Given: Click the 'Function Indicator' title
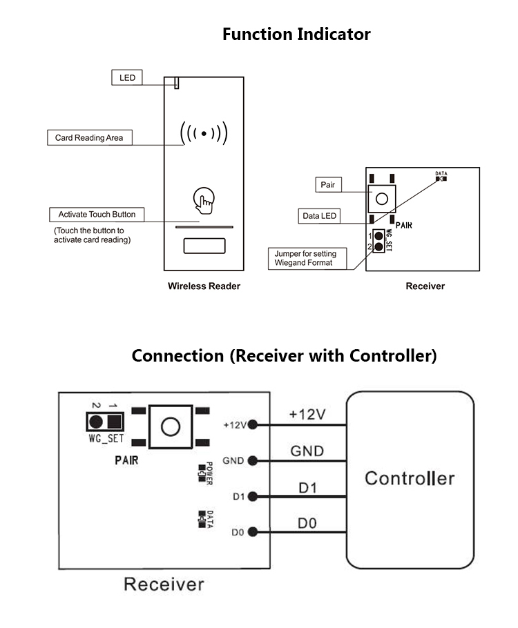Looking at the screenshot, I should pyautogui.click(x=296, y=35).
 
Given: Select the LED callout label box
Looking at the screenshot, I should pyautogui.click(x=127, y=77).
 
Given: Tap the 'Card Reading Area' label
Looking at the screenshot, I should pyautogui.click(x=89, y=137).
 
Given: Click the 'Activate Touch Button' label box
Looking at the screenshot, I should pyautogui.click(x=97, y=215).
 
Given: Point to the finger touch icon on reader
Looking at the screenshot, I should pyautogui.click(x=203, y=200).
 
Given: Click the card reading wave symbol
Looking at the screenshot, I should pyautogui.click(x=204, y=133).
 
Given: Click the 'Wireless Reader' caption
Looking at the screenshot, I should pyautogui.click(x=204, y=286).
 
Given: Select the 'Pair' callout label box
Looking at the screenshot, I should pyautogui.click(x=327, y=185).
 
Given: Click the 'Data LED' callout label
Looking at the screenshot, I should pyautogui.click(x=320, y=216).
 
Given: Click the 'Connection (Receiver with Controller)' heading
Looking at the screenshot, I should pyautogui.click(x=284, y=356).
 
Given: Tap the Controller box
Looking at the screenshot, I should pyautogui.click(x=410, y=478).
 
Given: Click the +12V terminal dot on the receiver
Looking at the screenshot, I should pyautogui.click(x=253, y=424).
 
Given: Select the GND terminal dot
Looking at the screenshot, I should pyautogui.click(x=253, y=460).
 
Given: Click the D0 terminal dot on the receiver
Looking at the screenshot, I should pyautogui.click(x=253, y=531).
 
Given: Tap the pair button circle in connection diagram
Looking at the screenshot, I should pyautogui.click(x=170, y=426).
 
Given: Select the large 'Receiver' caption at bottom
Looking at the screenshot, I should pyautogui.click(x=164, y=584).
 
